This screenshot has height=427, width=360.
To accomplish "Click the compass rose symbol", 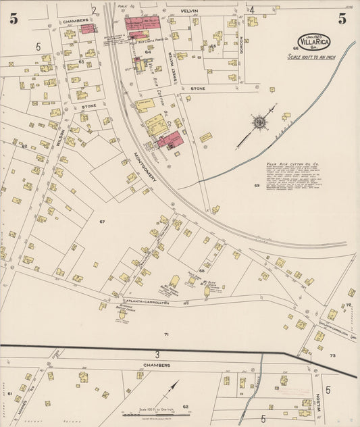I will pyautogui.click(x=259, y=123).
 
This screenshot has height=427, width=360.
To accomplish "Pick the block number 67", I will pyautogui.click(x=103, y=222).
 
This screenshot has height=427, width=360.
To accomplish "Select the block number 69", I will pyautogui.click(x=257, y=185).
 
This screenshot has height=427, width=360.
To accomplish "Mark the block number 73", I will pyautogui.click(x=332, y=355).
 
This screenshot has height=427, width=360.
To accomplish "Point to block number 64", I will pyautogui.click(x=147, y=51).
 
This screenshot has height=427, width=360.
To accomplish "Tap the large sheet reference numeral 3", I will pyautogui.click(x=157, y=354).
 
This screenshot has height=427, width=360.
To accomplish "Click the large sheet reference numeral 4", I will pyautogui.click(x=251, y=10).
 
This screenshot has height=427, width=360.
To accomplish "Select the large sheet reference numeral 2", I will pyautogui.click(x=94, y=10).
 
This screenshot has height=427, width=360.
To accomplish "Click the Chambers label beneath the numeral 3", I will pyautogui.click(x=156, y=365).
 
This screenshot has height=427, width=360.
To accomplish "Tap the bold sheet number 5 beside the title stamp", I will pyautogui.click(x=342, y=19).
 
